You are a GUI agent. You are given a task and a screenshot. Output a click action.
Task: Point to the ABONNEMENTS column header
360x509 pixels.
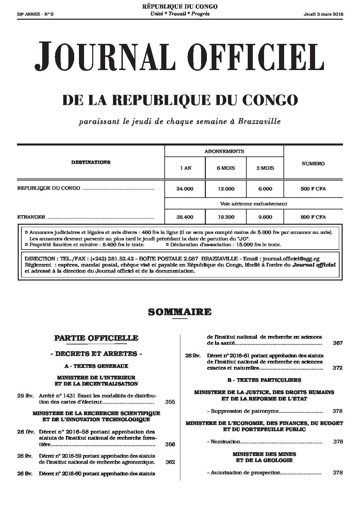tap(224, 151)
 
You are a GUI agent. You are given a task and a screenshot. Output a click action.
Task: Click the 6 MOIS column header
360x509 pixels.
tap(226, 168)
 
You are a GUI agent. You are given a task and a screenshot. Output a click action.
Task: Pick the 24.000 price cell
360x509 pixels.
tap(185, 189)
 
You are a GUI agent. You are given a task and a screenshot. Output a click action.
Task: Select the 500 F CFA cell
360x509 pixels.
tap(313, 189)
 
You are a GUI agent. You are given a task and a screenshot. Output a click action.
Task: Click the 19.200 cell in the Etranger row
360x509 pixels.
tap(226, 217)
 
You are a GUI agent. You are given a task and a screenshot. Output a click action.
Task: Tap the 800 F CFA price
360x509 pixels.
tap(313, 217)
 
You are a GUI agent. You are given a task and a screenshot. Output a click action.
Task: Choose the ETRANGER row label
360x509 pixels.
tap(31, 217)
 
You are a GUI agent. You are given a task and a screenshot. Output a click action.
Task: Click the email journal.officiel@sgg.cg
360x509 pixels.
tap(291, 259)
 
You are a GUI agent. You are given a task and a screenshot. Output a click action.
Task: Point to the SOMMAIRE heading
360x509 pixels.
tap(180, 312)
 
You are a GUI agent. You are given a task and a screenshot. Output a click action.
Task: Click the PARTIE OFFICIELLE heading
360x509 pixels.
tap(96, 338)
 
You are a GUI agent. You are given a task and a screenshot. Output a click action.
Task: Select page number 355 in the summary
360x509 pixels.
tap(170, 402)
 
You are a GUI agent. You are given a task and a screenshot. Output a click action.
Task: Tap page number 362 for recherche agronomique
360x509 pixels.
tap(170, 462)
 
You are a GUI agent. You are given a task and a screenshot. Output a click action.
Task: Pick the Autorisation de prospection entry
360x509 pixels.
tap(245, 473)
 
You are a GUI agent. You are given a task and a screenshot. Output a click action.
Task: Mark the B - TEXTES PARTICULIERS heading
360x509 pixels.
tap(264, 380)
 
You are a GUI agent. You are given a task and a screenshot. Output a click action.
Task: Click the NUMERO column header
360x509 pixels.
tap(313, 164)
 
